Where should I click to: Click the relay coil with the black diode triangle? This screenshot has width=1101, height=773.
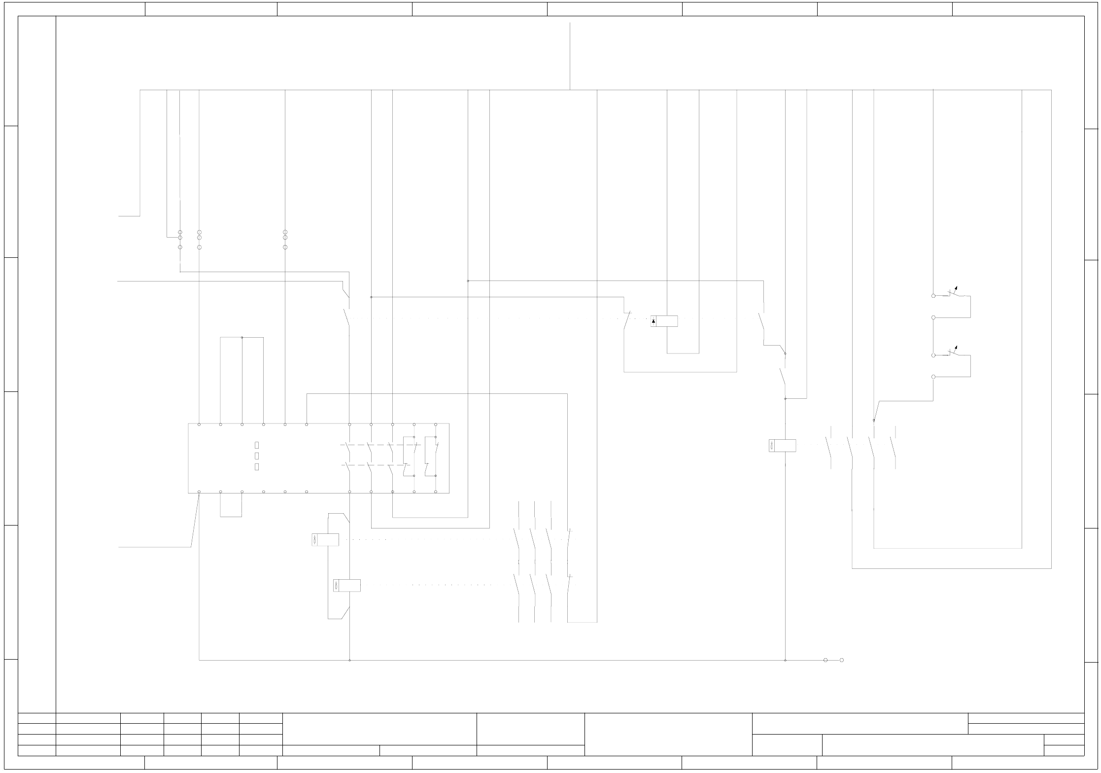click(x=664, y=321)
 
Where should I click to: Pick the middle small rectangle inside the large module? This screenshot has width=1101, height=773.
click(x=257, y=456)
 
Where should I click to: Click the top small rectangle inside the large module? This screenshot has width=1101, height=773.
click(x=257, y=445)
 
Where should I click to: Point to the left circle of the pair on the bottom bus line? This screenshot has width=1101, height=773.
click(x=826, y=660)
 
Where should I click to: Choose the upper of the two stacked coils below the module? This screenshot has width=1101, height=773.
click(x=325, y=540)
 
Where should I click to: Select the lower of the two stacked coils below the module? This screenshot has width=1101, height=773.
click(x=347, y=585)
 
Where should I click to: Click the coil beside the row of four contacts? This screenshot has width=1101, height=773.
click(x=782, y=446)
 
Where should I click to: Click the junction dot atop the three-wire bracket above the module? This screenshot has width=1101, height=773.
click(x=242, y=338)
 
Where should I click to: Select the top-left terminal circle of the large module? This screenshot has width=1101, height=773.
click(x=199, y=424)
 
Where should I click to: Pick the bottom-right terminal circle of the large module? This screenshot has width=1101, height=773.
click(x=436, y=492)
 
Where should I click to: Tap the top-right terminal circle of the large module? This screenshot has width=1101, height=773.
click(x=436, y=424)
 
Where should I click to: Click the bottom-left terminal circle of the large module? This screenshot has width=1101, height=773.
click(x=199, y=492)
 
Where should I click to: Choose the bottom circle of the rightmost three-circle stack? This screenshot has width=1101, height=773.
click(x=285, y=247)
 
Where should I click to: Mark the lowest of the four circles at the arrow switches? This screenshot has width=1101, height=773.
click(x=933, y=377)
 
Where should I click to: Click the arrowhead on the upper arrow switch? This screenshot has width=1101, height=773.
click(x=957, y=287)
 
